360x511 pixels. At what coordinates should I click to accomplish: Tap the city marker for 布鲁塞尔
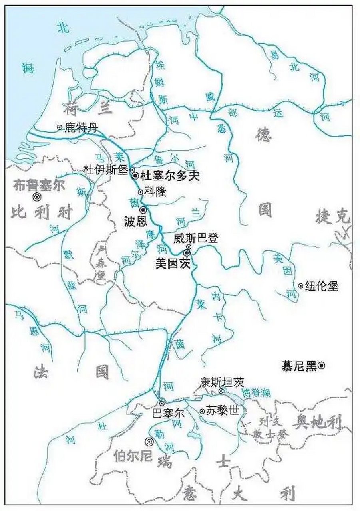point(37,196)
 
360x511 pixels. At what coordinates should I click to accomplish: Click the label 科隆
point(155,192)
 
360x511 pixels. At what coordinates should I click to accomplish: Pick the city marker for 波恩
point(143,209)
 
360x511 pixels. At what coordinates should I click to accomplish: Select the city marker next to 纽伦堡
point(300,285)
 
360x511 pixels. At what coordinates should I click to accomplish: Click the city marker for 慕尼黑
point(322,365)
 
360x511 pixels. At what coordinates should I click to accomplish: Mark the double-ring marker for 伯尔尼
point(149,442)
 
